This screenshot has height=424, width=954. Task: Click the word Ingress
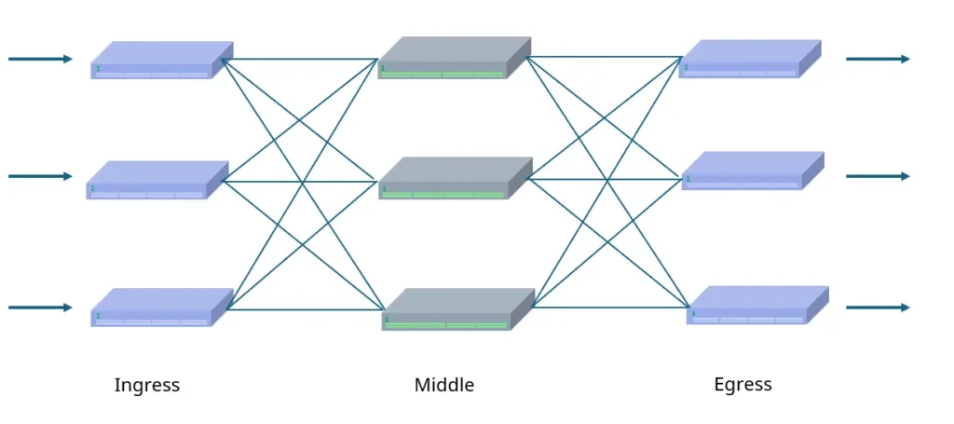coord(146,385)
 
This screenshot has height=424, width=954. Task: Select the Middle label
coord(444,385)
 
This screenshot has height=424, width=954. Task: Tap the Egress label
coord(743,384)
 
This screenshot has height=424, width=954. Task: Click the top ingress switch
coord(161,60)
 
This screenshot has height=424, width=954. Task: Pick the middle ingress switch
coord(157,180)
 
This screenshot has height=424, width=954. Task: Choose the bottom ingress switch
coord(161,307)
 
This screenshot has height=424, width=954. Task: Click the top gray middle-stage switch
coord(454,58)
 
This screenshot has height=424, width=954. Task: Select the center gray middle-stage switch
coord(455,178)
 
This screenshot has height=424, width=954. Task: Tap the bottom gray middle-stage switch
coord(457,309)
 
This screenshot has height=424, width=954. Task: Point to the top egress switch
coord(750,59)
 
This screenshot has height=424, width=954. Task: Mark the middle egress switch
coord(753,171)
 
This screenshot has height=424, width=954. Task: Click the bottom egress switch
coord(757,305)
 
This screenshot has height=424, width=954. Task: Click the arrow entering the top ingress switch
coord(40,59)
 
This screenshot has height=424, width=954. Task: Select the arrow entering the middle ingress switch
coord(40,176)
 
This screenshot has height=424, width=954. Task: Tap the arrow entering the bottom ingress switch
coord(40,308)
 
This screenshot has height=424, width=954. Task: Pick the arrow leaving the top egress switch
coord(878,59)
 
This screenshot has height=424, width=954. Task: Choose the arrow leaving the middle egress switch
coord(878,176)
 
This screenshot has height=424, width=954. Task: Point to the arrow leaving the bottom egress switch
coord(878,308)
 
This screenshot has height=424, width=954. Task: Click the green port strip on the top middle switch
coord(443,74)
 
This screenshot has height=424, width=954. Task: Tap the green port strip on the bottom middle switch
coord(446,325)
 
